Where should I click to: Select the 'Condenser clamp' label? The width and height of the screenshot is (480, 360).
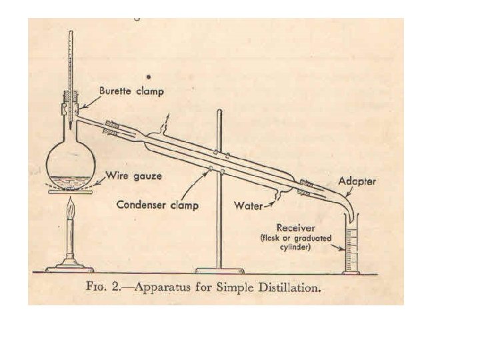[x=157, y=205]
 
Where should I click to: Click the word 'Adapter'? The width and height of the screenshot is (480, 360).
[x=358, y=181]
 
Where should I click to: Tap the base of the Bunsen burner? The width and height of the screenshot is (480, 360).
[x=69, y=268]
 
